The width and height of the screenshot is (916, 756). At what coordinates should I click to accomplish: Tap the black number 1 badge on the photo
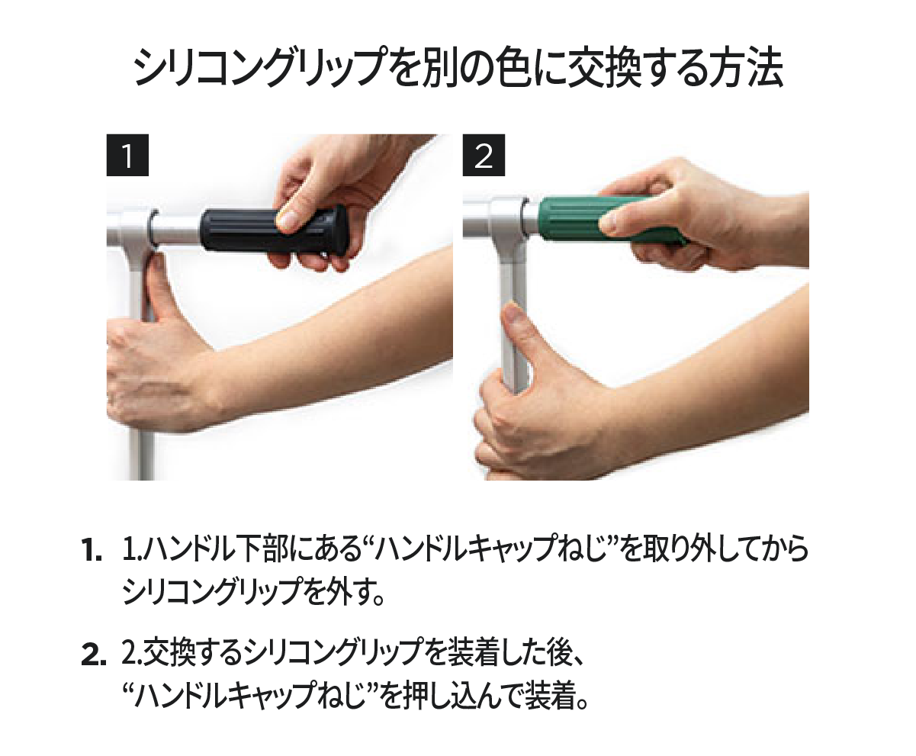click(x=127, y=156)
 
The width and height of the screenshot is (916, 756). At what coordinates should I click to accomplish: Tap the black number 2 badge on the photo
click(x=484, y=156)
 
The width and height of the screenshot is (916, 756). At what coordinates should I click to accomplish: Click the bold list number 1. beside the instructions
click(x=92, y=552)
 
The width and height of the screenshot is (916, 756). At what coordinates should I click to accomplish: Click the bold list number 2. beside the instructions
click(x=94, y=656)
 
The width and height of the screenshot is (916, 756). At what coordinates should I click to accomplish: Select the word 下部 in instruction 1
click(x=256, y=550)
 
